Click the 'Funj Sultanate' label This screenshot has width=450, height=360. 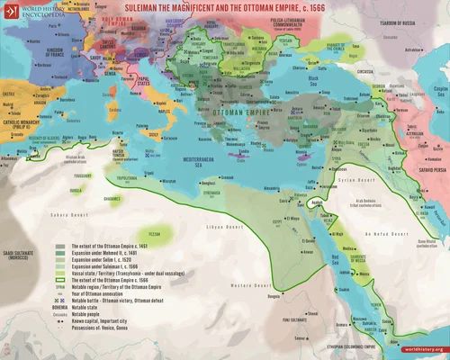coord(310,317)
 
